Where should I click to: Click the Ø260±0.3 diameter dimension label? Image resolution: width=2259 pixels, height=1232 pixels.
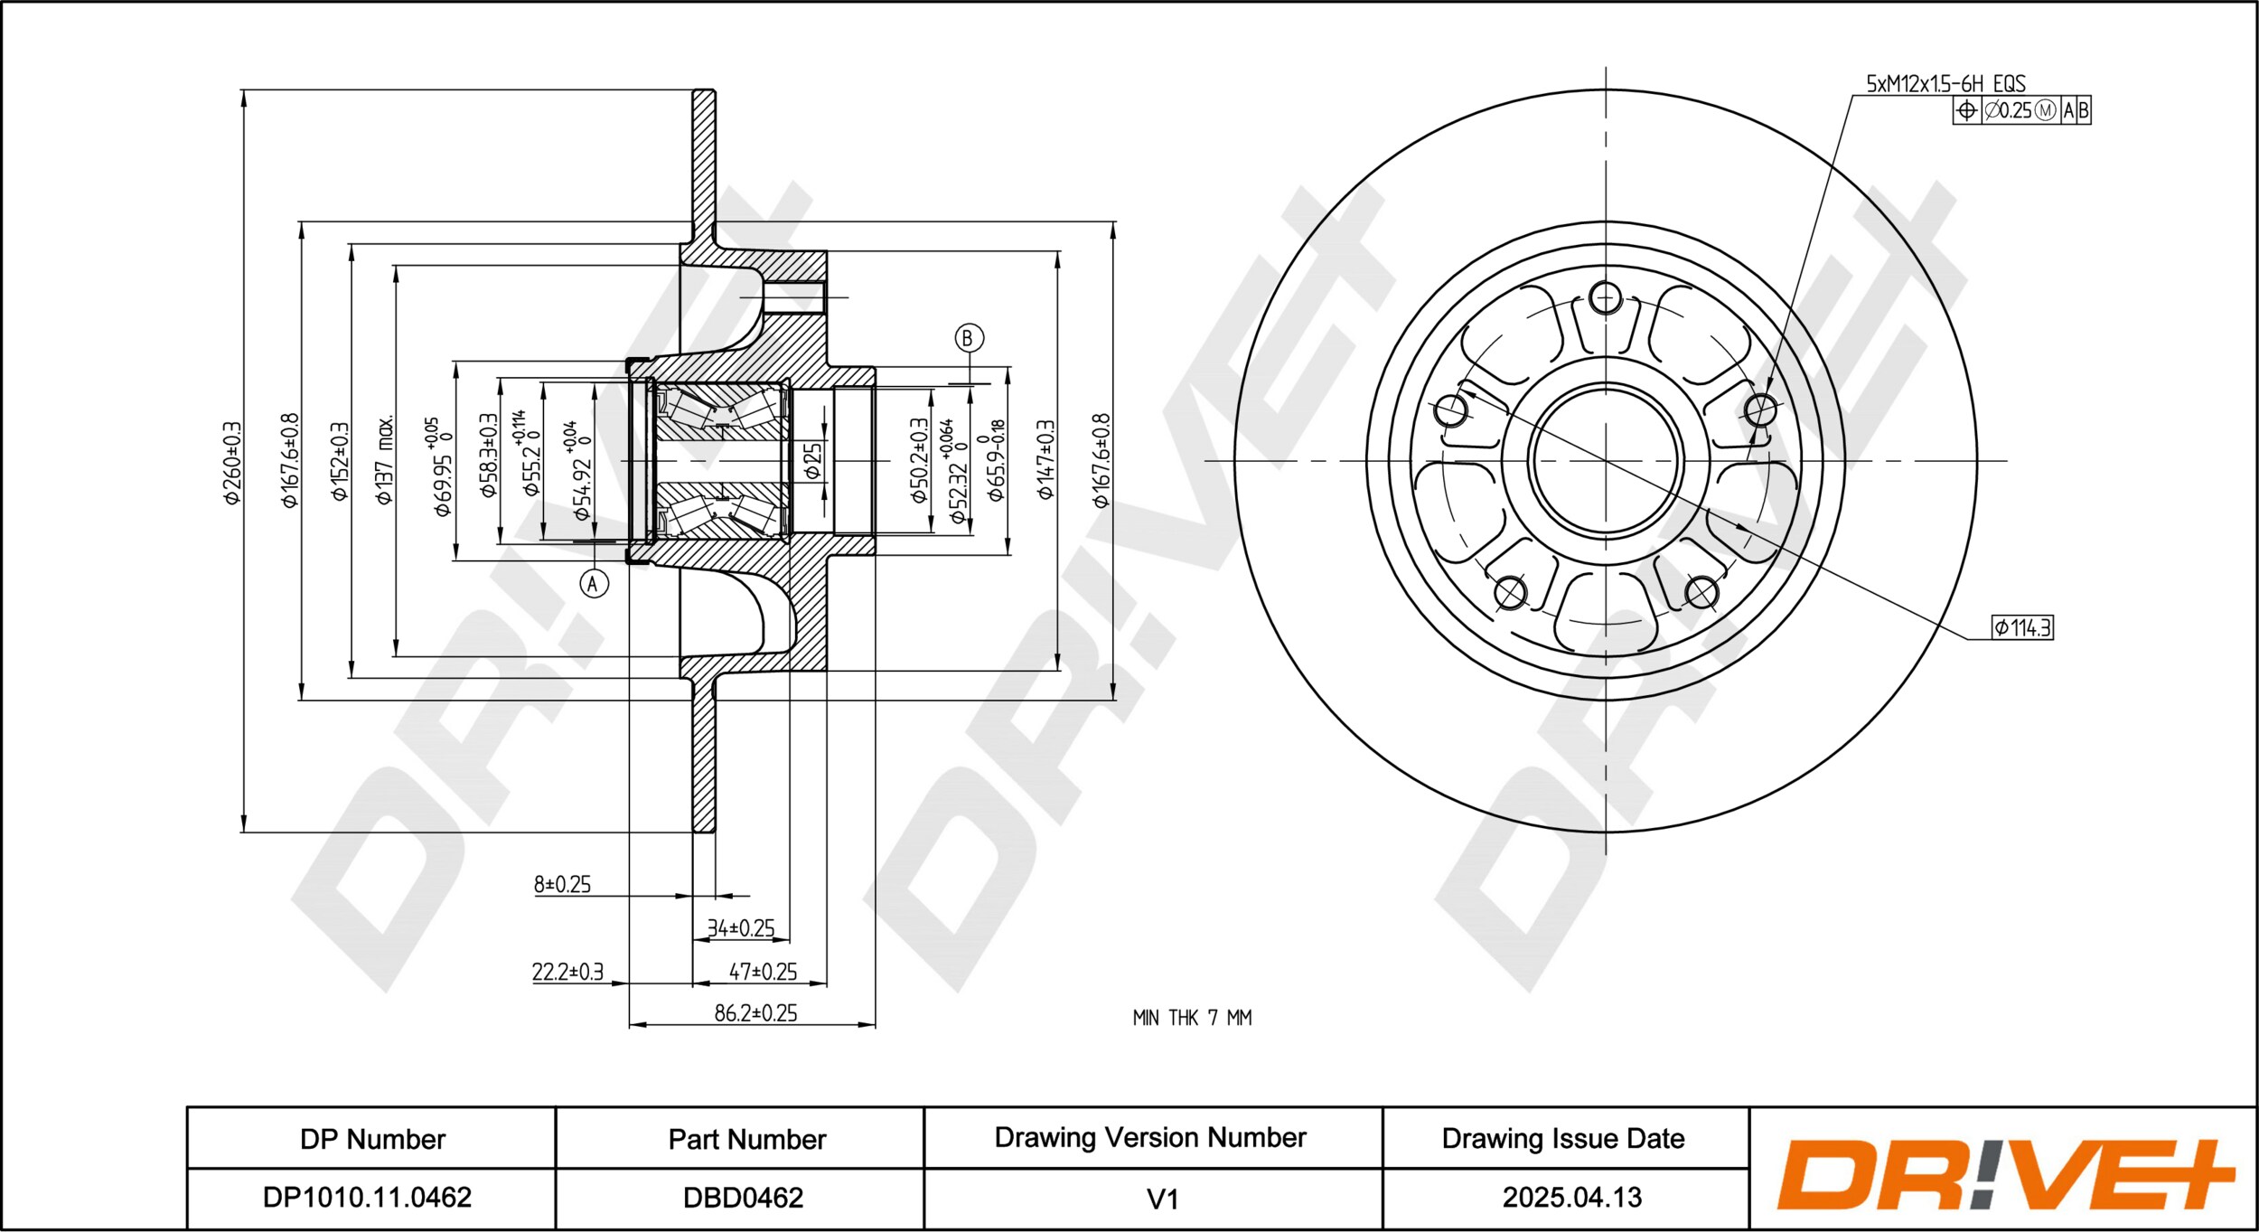point(232,462)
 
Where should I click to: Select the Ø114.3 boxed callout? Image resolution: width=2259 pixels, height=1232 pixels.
point(2023,627)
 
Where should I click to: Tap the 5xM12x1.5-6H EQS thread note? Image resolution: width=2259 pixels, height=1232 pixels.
point(1946,84)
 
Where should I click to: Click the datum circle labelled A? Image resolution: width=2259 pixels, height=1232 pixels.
point(594,584)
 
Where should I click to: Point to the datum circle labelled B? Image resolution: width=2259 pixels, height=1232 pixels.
point(969,338)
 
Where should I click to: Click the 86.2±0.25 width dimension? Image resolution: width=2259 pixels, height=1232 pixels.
point(755,1013)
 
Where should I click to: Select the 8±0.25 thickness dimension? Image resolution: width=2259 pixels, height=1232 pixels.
point(562,884)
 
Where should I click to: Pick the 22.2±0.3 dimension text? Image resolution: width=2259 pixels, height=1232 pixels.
point(567,972)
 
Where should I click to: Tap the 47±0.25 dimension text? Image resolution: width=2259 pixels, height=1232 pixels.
point(763,972)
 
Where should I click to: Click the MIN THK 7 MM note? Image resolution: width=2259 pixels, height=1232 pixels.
point(1192,1018)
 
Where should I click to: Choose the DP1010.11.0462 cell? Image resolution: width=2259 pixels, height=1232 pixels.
point(367,1198)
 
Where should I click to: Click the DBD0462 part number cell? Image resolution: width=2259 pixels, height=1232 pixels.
point(743,1198)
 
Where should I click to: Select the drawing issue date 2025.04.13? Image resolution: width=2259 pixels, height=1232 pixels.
point(1571,1198)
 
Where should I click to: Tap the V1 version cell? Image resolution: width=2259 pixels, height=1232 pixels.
point(1162,1199)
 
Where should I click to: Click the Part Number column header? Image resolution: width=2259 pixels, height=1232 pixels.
point(746,1139)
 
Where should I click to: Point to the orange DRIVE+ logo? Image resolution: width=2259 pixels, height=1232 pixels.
point(2005,1175)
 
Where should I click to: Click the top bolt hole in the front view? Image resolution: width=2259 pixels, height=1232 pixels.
point(1605,297)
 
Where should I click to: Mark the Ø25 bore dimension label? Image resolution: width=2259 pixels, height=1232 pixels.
point(812,460)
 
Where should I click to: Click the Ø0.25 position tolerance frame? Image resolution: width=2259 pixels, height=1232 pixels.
point(2021,110)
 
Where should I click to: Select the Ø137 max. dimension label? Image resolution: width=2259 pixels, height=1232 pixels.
point(385,459)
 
